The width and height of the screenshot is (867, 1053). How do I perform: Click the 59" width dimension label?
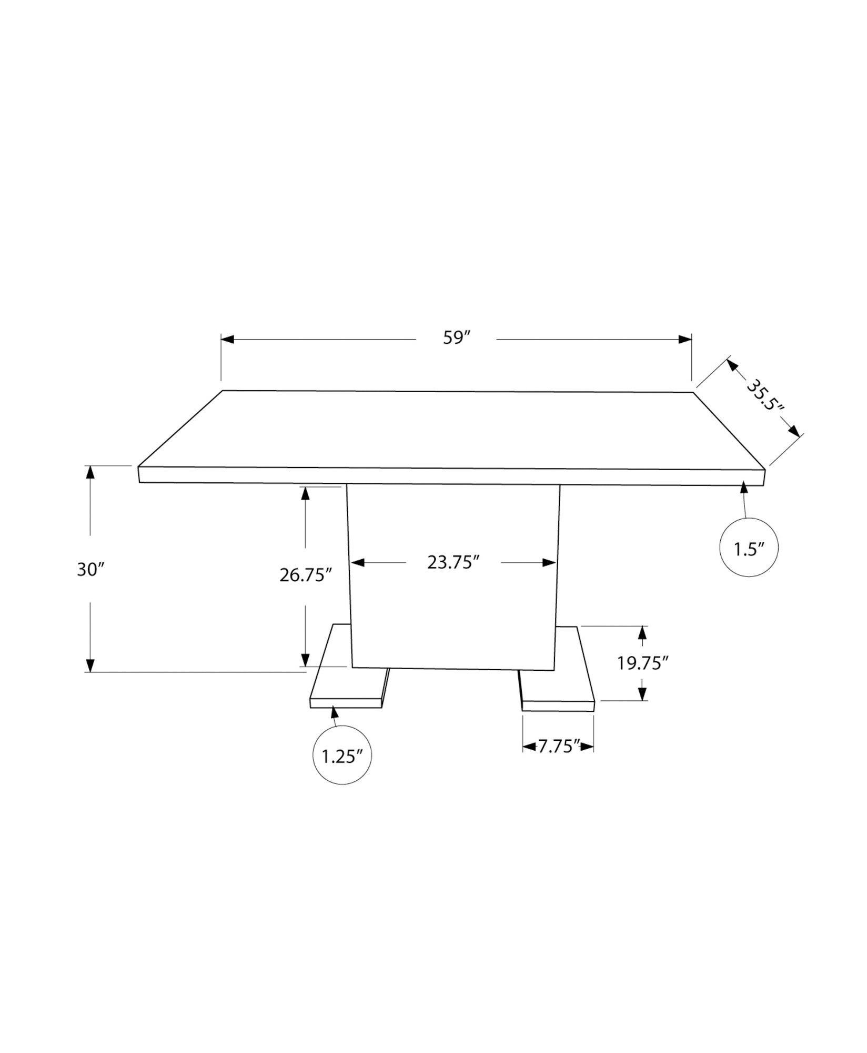pyautogui.click(x=456, y=338)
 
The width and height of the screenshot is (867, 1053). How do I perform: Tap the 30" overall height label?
pyautogui.click(x=91, y=569)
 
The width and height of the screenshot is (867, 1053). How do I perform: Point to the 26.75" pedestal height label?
pyautogui.click(x=305, y=575)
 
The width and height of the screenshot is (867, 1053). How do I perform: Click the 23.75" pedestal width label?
pyautogui.click(x=453, y=562)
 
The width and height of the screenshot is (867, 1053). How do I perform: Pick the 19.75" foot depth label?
pyautogui.click(x=642, y=663)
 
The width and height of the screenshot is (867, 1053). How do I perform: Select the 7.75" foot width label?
pyautogui.click(x=558, y=746)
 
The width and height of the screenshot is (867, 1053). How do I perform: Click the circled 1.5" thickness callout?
pyautogui.click(x=748, y=549)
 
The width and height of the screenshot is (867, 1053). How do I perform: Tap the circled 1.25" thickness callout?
pyautogui.click(x=342, y=757)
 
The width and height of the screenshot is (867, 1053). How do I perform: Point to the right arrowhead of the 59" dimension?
pyautogui.click(x=684, y=340)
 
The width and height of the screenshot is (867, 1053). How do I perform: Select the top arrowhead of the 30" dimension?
pyautogui.click(x=90, y=472)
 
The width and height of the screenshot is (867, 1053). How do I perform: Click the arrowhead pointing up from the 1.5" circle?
pyautogui.click(x=743, y=486)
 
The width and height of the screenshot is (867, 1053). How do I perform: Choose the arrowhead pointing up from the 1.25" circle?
pyautogui.click(x=333, y=713)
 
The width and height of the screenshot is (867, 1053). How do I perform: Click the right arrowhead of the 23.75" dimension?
pyautogui.click(x=549, y=563)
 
